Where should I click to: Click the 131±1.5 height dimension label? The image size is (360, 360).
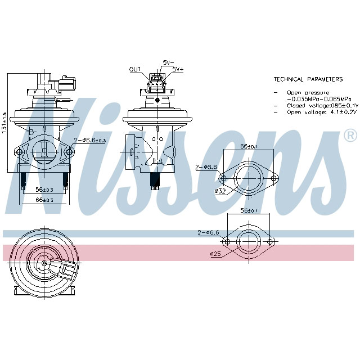click(4, 122)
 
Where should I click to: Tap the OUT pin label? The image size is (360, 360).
click(135, 70)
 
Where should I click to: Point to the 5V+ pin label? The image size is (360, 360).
click(178, 69)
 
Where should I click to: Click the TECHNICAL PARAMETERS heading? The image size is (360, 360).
click(308, 79)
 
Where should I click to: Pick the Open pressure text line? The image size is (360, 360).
click(308, 92)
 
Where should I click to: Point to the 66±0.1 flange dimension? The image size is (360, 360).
click(249, 147)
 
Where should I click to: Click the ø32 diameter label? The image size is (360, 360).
click(220, 191)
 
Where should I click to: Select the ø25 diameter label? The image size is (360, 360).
click(215, 254)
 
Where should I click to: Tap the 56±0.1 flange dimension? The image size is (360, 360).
click(248, 211)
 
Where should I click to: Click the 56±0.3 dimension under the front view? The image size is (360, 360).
click(44, 190)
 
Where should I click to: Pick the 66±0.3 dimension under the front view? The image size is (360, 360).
click(44, 200)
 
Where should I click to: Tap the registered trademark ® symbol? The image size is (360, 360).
click(350, 136)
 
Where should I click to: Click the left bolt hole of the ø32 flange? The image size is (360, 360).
click(223, 179)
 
